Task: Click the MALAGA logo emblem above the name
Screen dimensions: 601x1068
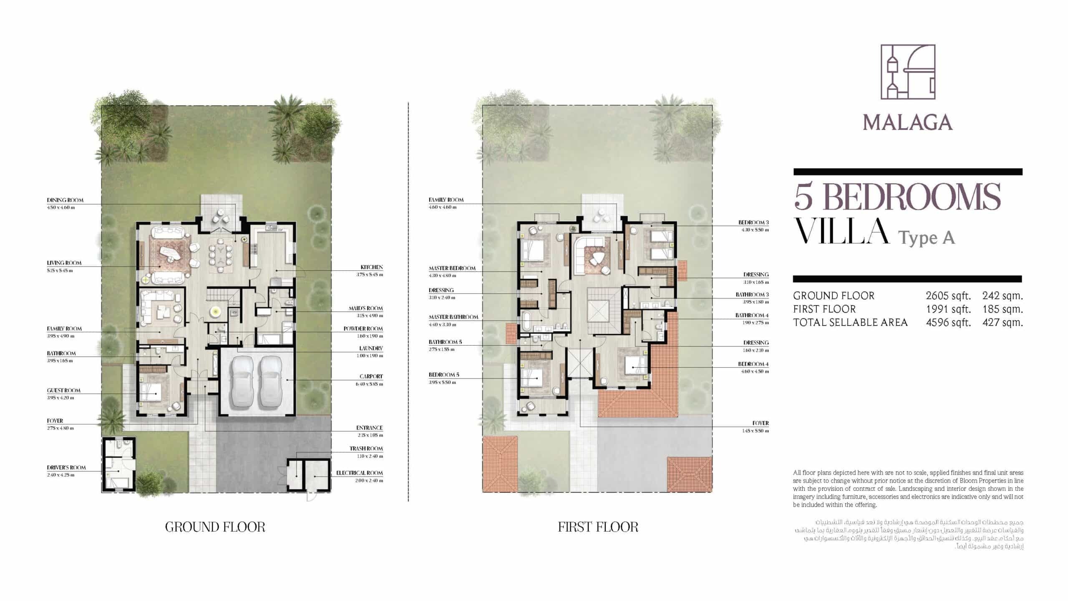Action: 907,78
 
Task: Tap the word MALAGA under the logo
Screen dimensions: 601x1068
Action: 907,123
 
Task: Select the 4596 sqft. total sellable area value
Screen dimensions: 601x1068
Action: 948,323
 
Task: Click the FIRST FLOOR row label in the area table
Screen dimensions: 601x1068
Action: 824,309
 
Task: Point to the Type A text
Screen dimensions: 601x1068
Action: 926,238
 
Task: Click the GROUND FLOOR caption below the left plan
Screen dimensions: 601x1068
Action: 215,527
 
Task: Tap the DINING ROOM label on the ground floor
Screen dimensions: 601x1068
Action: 65,200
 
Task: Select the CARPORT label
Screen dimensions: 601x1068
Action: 371,376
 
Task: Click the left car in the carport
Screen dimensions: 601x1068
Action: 241,382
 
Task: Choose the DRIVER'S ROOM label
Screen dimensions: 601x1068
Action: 66,467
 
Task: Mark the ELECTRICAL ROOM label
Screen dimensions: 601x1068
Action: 359,473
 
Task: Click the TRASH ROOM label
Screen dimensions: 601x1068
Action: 366,449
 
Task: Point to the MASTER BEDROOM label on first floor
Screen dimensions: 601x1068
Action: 452,268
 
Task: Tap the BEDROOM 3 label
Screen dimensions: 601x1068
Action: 753,222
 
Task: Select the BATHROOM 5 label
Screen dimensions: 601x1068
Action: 445,342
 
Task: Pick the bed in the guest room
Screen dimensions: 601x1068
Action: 151,392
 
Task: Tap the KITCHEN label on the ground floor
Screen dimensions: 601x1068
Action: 371,267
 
